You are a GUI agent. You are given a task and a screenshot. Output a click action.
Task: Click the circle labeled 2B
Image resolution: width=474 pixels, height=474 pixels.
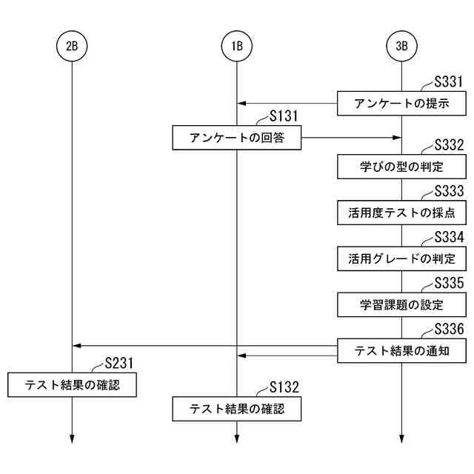click(72, 46)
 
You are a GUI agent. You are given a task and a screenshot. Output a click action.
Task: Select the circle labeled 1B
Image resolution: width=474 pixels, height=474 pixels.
click(237, 46)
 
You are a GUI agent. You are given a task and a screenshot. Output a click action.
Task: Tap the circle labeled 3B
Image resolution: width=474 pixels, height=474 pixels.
click(402, 46)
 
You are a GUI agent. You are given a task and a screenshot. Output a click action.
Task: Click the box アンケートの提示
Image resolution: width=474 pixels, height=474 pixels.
click(402, 103)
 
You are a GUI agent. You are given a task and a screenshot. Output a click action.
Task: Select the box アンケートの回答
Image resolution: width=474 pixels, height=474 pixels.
click(237, 137)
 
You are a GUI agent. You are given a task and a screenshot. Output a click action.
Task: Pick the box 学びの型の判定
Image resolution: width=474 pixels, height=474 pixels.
click(402, 166)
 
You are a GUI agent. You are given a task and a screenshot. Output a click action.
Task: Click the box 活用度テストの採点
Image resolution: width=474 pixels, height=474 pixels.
click(402, 213)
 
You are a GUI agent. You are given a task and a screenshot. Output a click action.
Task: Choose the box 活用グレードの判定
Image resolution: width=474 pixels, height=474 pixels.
click(402, 258)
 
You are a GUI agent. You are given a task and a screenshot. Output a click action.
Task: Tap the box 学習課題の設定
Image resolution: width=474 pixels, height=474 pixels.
click(402, 304)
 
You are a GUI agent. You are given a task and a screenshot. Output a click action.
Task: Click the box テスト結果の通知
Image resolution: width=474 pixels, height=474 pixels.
click(402, 351)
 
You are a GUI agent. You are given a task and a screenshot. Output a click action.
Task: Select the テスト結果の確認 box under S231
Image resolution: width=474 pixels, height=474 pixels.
click(72, 384)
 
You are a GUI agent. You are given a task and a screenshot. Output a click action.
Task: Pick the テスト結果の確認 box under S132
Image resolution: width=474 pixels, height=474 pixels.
click(237, 408)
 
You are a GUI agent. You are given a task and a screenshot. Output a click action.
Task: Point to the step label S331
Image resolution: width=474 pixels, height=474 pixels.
click(449, 82)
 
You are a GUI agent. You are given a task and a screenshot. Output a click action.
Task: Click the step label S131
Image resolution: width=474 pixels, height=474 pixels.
click(284, 116)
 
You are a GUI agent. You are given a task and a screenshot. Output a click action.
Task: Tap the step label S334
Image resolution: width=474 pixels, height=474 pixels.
click(449, 238)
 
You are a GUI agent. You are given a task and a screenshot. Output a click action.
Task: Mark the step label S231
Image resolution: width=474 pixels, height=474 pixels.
click(118, 363)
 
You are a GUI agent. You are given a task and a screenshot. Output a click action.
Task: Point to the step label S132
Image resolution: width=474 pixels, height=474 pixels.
click(284, 387)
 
